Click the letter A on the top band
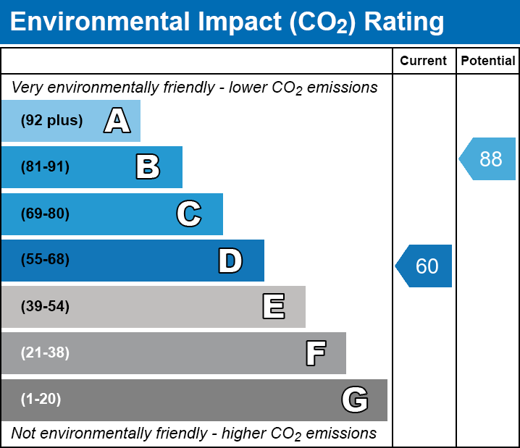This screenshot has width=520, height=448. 117,121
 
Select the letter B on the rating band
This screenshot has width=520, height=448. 148,167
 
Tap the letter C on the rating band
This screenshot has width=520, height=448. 188,214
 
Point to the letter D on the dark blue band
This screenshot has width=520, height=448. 230,260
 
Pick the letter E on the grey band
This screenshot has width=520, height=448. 273,307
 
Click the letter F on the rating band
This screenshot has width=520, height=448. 315,353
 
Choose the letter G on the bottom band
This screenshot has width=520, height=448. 355,400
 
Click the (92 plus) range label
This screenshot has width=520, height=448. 51,121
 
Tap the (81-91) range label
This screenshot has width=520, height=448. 45,167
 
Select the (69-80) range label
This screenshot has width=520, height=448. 45,214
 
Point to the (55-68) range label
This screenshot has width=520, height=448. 45,260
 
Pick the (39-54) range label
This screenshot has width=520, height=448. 45,307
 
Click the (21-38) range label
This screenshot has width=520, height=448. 45,353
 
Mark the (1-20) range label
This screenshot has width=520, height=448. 41,400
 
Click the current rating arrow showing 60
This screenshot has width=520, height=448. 424,266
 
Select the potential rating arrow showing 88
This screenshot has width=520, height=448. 488,159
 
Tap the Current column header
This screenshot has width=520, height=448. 424,62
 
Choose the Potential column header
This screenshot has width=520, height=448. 488,62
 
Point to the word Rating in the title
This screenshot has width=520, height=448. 404,22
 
